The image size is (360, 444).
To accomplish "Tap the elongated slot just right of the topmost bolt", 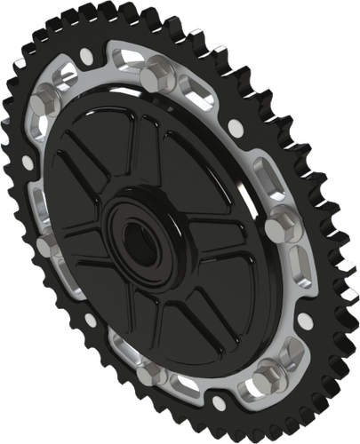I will coord(201,88).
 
